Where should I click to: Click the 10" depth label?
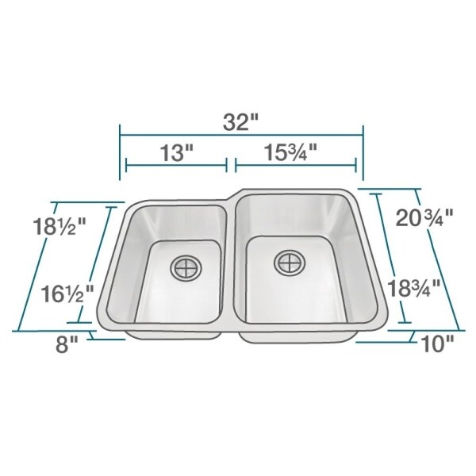436,344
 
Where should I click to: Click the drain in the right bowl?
288,261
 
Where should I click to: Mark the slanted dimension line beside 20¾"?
440,258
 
